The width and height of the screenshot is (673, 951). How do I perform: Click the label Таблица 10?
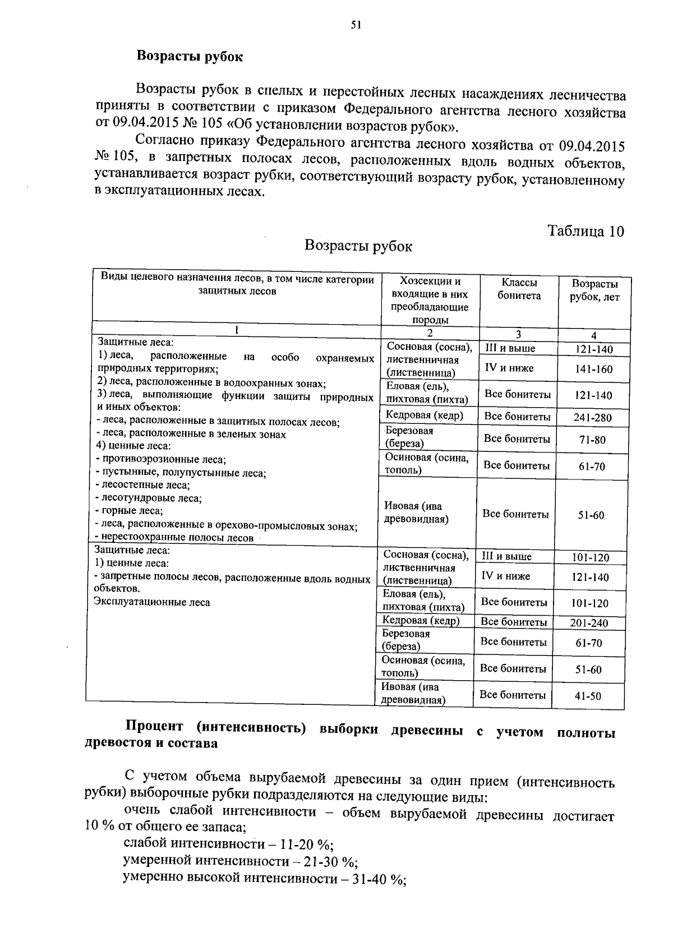[586, 232]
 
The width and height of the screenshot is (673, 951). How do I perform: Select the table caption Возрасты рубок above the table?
[358, 246]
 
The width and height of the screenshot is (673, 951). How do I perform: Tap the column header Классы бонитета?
[519, 289]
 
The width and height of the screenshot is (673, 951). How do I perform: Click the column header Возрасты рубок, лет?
[594, 290]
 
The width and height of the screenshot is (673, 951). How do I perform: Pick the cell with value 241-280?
[593, 417]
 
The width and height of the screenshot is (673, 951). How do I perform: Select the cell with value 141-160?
[593, 369]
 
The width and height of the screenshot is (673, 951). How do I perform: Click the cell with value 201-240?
[589, 623]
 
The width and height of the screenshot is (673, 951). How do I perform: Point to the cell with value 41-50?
[588, 696]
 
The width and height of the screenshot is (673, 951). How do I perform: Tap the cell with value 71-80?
[592, 440]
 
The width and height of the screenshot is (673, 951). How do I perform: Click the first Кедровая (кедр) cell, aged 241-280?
[424, 415]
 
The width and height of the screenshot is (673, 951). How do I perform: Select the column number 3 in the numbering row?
[518, 334]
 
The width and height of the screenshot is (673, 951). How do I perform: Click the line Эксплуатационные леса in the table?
[152, 602]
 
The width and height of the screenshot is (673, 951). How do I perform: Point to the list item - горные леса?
[130, 511]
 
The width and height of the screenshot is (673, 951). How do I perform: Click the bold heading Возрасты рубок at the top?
[190, 57]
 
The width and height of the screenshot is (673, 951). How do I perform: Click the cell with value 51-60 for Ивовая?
[591, 515]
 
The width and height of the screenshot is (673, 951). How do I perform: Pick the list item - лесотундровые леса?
[149, 498]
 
